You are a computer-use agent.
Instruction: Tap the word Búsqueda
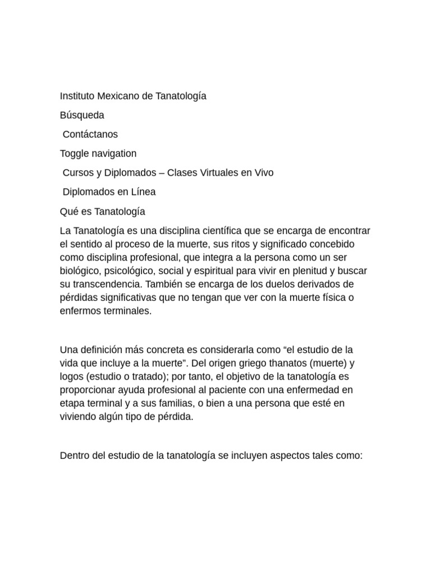82,115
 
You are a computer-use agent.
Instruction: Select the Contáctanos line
90,134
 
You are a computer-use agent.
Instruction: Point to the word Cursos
79,172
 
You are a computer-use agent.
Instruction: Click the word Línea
143,191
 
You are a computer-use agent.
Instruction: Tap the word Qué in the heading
69,211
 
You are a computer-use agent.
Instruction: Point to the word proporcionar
88,389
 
